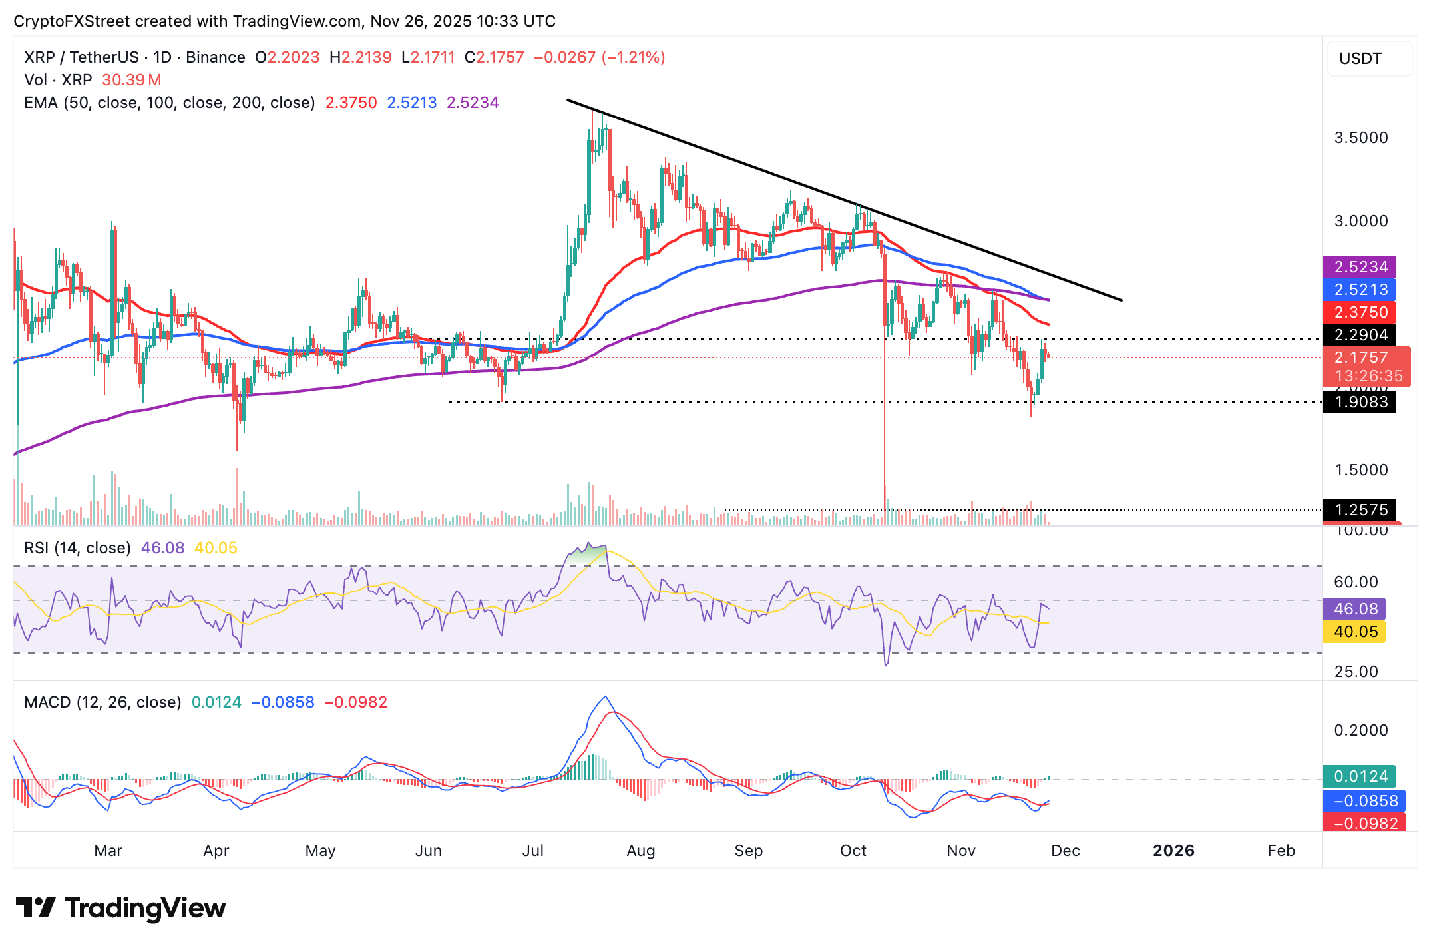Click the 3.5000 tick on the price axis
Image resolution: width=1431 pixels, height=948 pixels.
[1361, 138]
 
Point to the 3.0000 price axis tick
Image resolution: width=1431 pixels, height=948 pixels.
[1361, 221]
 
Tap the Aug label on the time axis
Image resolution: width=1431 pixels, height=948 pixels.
[641, 851]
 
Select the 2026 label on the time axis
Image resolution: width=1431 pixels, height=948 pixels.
[1173, 851]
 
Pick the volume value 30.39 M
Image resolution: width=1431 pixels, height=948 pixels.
[131, 80]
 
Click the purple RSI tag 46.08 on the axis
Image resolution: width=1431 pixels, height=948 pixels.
[1355, 609]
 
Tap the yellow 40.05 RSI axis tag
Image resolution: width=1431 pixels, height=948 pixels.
[1355, 632]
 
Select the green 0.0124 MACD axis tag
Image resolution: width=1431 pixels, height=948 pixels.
[1360, 776]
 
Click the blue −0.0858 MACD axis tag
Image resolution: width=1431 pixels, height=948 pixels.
[1360, 800]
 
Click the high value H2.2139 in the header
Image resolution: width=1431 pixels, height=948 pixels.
[361, 57]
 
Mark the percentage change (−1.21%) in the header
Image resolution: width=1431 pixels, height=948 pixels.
[633, 57]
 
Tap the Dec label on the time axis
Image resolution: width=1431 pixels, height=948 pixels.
[1065, 851]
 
